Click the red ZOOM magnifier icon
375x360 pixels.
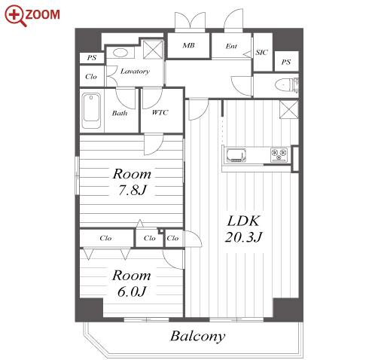point(15,16)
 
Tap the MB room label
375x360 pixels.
point(188,45)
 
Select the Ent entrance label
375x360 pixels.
point(231,46)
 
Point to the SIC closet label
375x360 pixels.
point(262,53)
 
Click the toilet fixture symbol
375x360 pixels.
point(287,84)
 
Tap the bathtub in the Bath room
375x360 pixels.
point(91,111)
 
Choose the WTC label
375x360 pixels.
point(160,112)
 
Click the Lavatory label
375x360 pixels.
point(135,72)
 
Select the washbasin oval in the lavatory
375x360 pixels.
point(120,53)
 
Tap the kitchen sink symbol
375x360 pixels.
point(236,154)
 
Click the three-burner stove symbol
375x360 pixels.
point(279,154)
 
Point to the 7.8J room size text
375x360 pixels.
point(133,190)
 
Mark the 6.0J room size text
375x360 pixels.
point(132,291)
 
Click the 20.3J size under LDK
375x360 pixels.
point(244,236)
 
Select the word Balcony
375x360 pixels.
point(198,336)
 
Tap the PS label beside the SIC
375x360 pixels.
point(286,62)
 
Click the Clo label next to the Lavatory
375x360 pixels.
point(91,77)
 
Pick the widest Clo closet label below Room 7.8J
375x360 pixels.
point(105,238)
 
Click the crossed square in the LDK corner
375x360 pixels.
point(289,109)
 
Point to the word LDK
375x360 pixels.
point(243,221)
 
